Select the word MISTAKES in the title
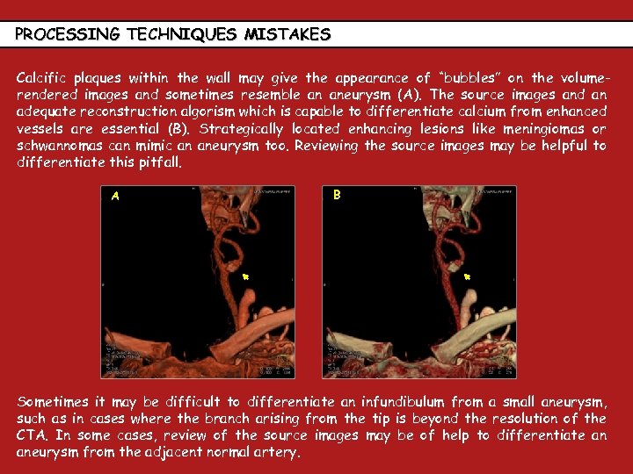pyautogui.click(x=287, y=35)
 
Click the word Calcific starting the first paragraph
pyautogui.click(x=43, y=77)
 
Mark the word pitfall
pyautogui.click(x=159, y=162)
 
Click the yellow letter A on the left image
pyautogui.click(x=115, y=197)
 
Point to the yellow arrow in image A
pyautogui.click(x=247, y=276)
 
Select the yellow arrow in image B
pyautogui.click(x=468, y=276)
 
